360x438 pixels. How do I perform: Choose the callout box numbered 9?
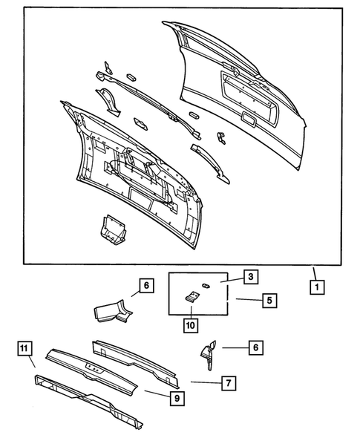[176, 399]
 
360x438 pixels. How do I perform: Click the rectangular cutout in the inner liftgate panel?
[140, 195]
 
